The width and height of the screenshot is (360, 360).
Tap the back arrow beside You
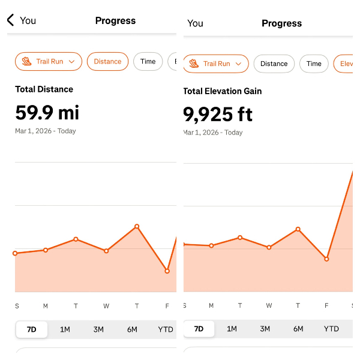(x=10, y=20)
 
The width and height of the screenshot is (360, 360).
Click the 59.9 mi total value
(x=47, y=112)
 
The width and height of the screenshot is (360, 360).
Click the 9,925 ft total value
(x=218, y=114)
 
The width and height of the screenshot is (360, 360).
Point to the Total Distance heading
(x=44, y=89)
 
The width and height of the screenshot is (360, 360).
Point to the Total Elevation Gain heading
(x=223, y=91)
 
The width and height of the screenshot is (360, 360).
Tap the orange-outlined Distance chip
(x=107, y=61)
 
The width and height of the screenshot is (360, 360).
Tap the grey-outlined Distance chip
(x=274, y=64)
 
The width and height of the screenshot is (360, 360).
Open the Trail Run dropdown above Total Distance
(x=49, y=61)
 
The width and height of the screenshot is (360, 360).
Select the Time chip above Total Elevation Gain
(x=314, y=64)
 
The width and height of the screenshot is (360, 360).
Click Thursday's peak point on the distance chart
(x=137, y=226)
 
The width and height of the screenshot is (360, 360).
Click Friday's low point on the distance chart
(x=167, y=271)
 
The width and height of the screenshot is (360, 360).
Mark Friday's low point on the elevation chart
(x=327, y=259)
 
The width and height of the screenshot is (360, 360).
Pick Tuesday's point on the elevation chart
(x=240, y=238)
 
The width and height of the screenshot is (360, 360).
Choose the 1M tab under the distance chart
(x=65, y=329)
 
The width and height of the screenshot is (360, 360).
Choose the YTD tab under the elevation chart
(x=331, y=329)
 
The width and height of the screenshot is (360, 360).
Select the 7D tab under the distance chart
(x=31, y=329)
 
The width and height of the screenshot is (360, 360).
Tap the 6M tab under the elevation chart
(x=298, y=329)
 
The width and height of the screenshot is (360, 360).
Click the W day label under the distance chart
(x=106, y=307)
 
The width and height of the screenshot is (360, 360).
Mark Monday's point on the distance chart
(x=46, y=250)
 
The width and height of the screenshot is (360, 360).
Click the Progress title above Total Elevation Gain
(x=281, y=23)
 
